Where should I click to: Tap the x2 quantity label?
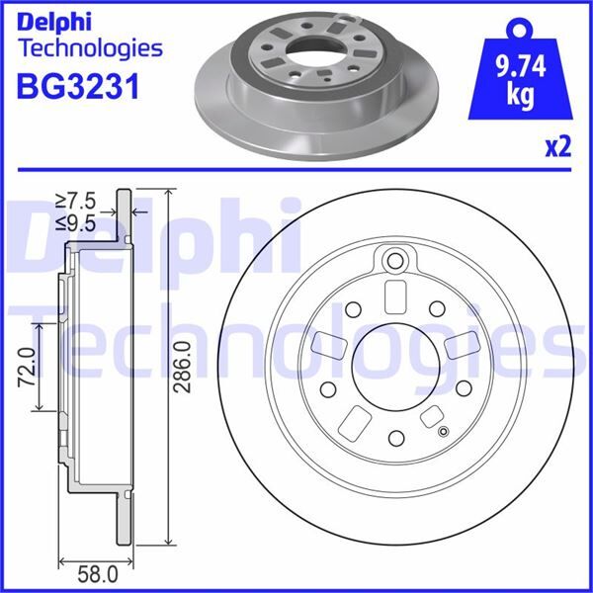tap(558, 148)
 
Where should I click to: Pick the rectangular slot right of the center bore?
tap(459, 345)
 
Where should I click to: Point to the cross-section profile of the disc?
tap(94, 366)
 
